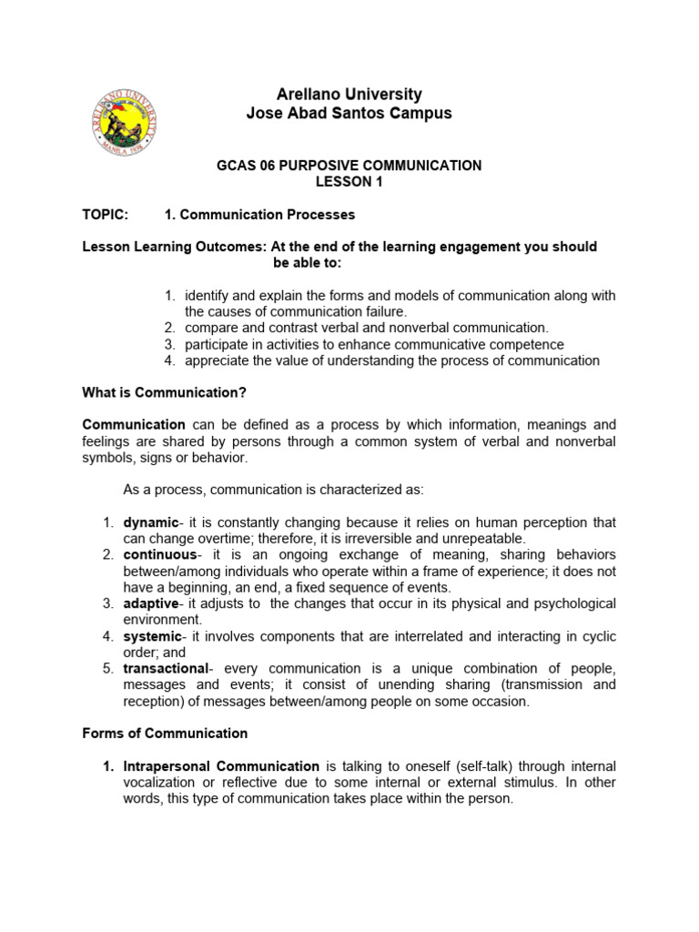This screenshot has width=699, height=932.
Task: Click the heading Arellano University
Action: coord(349,95)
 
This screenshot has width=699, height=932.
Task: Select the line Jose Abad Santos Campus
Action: coord(349,114)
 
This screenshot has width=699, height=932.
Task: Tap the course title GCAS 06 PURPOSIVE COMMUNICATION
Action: coord(349,166)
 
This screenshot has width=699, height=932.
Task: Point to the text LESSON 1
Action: coord(349,182)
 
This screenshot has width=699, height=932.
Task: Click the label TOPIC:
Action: coord(106,215)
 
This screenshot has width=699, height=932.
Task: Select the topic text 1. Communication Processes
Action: coord(259,215)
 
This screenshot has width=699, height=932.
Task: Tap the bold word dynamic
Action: coord(150,522)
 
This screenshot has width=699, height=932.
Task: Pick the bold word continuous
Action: coord(159,554)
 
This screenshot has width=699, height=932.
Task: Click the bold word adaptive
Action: coord(151,603)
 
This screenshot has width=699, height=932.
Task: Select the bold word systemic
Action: coord(152,636)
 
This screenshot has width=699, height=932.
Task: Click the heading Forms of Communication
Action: coord(165,734)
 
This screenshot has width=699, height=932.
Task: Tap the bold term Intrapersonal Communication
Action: coord(221,766)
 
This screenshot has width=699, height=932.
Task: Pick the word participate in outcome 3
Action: coord(217,344)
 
